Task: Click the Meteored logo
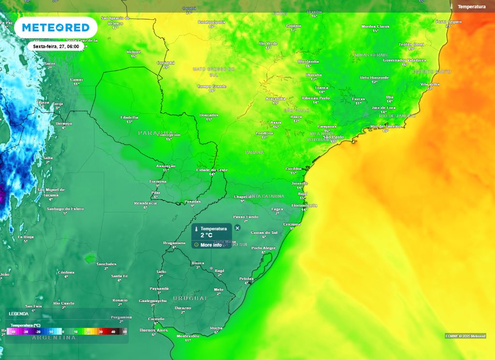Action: [x=52, y=28]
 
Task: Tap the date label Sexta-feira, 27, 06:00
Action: [x=56, y=46]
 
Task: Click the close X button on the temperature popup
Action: [x=237, y=228]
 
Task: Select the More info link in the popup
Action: [x=211, y=245]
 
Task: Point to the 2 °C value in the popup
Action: [x=206, y=235]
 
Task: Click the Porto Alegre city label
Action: [x=263, y=248]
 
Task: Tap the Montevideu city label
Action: [x=188, y=335]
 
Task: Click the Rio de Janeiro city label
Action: [x=385, y=126]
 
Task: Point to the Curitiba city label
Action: [x=293, y=168]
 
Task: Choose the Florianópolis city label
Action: [x=304, y=205]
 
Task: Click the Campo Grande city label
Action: [x=212, y=86]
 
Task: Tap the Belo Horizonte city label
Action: [x=374, y=77]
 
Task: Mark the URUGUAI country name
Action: [x=190, y=299]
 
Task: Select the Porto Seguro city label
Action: [x=449, y=22]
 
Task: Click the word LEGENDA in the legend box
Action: [x=18, y=314]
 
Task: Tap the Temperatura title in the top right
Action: [x=471, y=7]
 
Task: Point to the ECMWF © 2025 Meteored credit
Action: [x=466, y=336]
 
